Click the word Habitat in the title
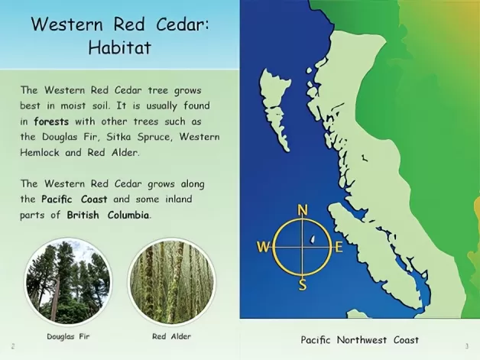(x=120, y=47)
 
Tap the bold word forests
(x=51, y=122)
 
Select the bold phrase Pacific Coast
(x=74, y=199)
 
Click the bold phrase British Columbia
(x=108, y=215)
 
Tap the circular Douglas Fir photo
(x=68, y=281)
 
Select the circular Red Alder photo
(x=172, y=281)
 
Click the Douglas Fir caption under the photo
(x=68, y=336)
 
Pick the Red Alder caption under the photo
(x=171, y=336)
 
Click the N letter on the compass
(x=303, y=210)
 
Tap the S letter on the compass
(x=303, y=284)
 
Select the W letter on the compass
(x=263, y=247)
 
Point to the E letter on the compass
(x=339, y=247)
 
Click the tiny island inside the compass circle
(x=313, y=238)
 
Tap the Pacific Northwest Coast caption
(x=360, y=340)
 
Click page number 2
(x=13, y=346)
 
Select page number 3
(x=467, y=346)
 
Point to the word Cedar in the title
(x=183, y=24)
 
